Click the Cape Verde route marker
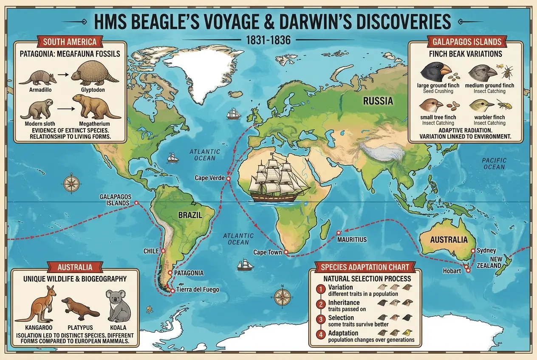[228, 179]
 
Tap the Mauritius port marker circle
[339, 233]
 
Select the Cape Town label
[268, 252]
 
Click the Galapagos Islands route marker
[136, 203]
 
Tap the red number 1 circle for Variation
[320, 289]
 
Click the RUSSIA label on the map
[378, 101]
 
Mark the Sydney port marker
[473, 251]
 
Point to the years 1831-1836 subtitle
[268, 40]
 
